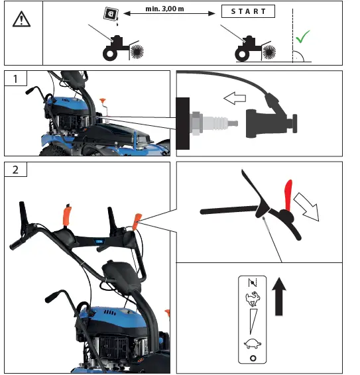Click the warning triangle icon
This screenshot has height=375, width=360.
(22, 21)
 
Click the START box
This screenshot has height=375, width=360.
(248, 11)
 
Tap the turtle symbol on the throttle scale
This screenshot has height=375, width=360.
(251, 343)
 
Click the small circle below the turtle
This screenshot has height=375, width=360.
(251, 357)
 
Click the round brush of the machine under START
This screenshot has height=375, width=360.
(270, 51)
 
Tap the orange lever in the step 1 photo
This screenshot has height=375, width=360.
(103, 103)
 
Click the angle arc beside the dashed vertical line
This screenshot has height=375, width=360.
(300, 56)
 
